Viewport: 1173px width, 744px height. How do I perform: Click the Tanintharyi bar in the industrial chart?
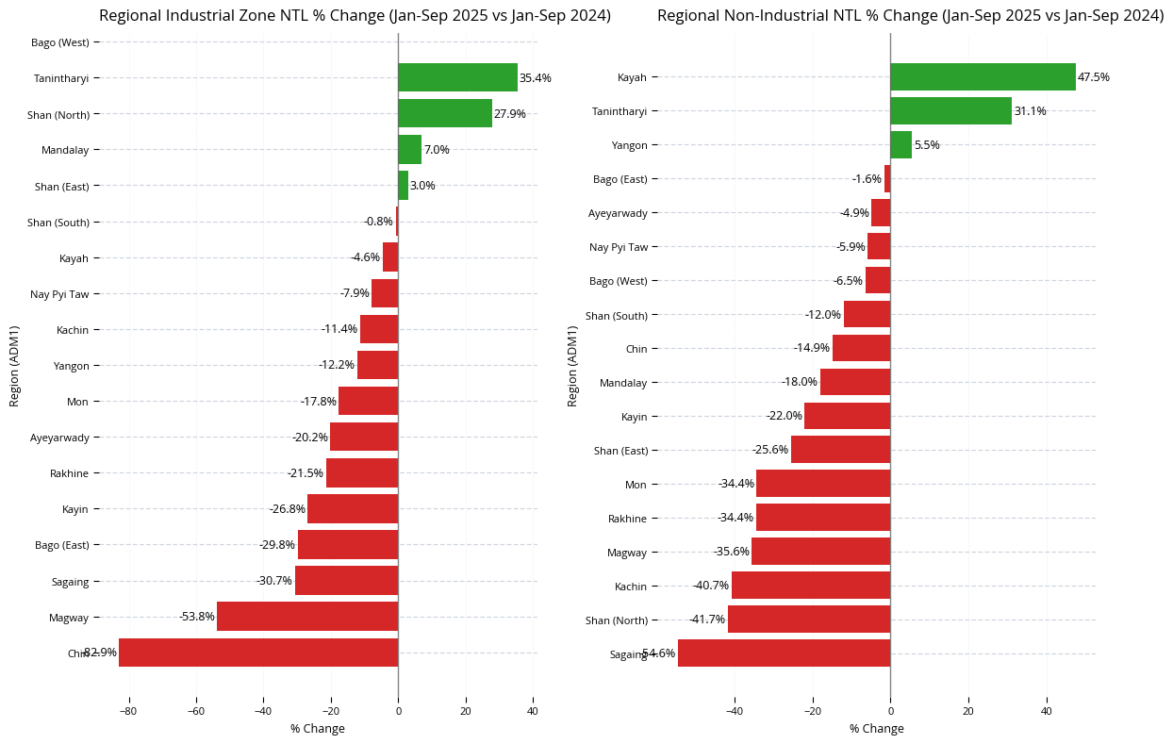click(x=457, y=77)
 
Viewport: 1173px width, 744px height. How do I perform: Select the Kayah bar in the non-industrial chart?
click(x=983, y=77)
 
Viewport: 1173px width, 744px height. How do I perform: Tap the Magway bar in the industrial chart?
click(x=307, y=617)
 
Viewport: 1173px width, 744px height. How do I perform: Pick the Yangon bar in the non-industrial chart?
click(x=900, y=145)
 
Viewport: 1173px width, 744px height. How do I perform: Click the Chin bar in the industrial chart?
click(x=258, y=653)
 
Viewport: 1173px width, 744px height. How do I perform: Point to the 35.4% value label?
click(x=536, y=78)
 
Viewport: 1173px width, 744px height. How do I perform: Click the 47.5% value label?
click(x=1094, y=77)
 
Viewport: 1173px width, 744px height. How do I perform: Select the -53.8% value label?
click(x=197, y=617)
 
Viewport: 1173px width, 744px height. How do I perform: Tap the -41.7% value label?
click(x=707, y=620)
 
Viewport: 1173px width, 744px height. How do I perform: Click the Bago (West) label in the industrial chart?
click(x=60, y=42)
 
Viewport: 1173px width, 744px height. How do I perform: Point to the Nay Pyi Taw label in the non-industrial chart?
click(x=619, y=247)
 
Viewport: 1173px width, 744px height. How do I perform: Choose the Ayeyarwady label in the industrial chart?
click(x=59, y=438)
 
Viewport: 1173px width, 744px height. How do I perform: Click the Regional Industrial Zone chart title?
click(x=355, y=16)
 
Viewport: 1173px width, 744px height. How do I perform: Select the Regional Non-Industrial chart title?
click(x=910, y=16)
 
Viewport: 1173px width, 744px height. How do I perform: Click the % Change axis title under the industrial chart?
click(x=318, y=729)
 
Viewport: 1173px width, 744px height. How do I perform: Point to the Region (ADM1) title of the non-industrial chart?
click(x=572, y=366)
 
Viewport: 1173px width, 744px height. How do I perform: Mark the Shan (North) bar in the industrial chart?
click(x=445, y=114)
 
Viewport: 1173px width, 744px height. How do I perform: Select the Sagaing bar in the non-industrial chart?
click(x=784, y=653)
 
